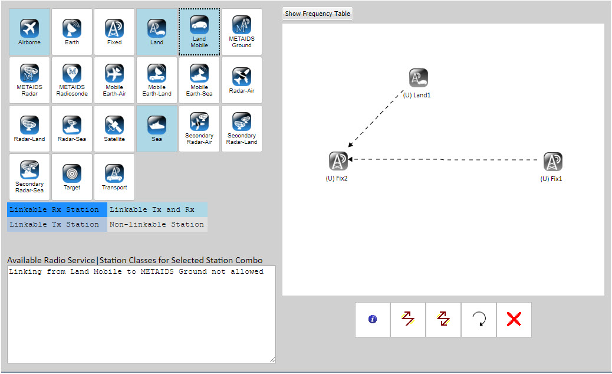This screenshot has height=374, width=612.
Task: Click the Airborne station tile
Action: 29,32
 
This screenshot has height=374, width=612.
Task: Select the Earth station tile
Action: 72,32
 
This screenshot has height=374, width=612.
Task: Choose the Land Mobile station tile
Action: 199,32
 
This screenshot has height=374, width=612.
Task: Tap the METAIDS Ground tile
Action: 242,32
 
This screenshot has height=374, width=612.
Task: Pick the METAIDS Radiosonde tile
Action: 72,80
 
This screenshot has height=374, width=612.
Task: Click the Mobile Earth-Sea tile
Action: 199,80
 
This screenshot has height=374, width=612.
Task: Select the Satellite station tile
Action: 114,129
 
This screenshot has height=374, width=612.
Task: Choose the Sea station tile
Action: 157,129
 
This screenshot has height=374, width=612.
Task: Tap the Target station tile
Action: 72,177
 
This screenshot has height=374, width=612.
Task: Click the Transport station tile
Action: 114,177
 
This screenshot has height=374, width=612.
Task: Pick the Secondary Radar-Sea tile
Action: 29,177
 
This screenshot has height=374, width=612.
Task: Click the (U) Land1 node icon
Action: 418,78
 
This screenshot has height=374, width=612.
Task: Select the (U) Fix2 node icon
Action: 338,161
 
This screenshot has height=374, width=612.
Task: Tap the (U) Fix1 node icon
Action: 552,162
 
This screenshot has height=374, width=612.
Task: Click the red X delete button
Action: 514,320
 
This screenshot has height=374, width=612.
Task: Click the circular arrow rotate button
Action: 479,320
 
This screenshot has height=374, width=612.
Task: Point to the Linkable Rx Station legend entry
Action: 57,210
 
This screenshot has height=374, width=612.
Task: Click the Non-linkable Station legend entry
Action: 157,225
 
